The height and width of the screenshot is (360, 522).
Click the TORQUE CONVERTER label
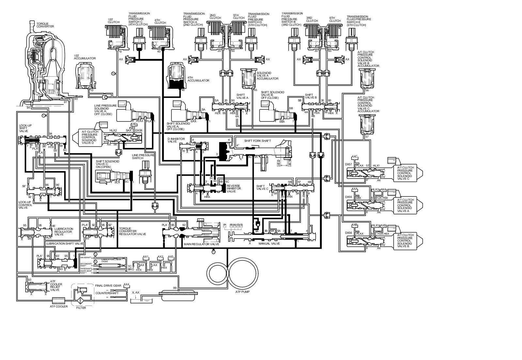click(45, 25)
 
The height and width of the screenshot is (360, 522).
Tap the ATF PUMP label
click(242, 292)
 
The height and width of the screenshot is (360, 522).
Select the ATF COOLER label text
click(59, 307)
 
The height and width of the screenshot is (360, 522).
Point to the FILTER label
click(81, 308)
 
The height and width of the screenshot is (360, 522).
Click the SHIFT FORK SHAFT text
click(258, 141)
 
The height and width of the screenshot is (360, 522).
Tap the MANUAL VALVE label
click(269, 243)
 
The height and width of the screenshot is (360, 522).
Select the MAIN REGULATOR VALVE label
click(201, 244)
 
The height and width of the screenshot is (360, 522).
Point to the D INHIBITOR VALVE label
click(176, 140)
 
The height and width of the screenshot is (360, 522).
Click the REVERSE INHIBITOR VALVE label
click(234, 188)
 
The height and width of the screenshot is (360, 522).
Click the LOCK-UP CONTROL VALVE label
click(27, 205)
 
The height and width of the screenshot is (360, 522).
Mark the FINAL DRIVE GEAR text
click(108, 286)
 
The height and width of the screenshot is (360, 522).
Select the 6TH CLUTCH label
click(335, 19)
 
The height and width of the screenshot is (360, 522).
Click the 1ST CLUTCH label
click(114, 21)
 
